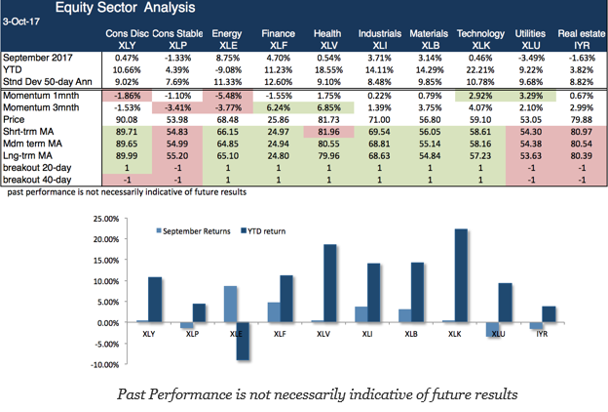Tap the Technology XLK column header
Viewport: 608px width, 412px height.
click(480, 40)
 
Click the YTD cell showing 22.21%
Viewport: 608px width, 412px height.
click(480, 70)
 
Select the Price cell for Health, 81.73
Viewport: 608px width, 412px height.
click(326, 120)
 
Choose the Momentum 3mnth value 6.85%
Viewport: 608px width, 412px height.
click(326, 107)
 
